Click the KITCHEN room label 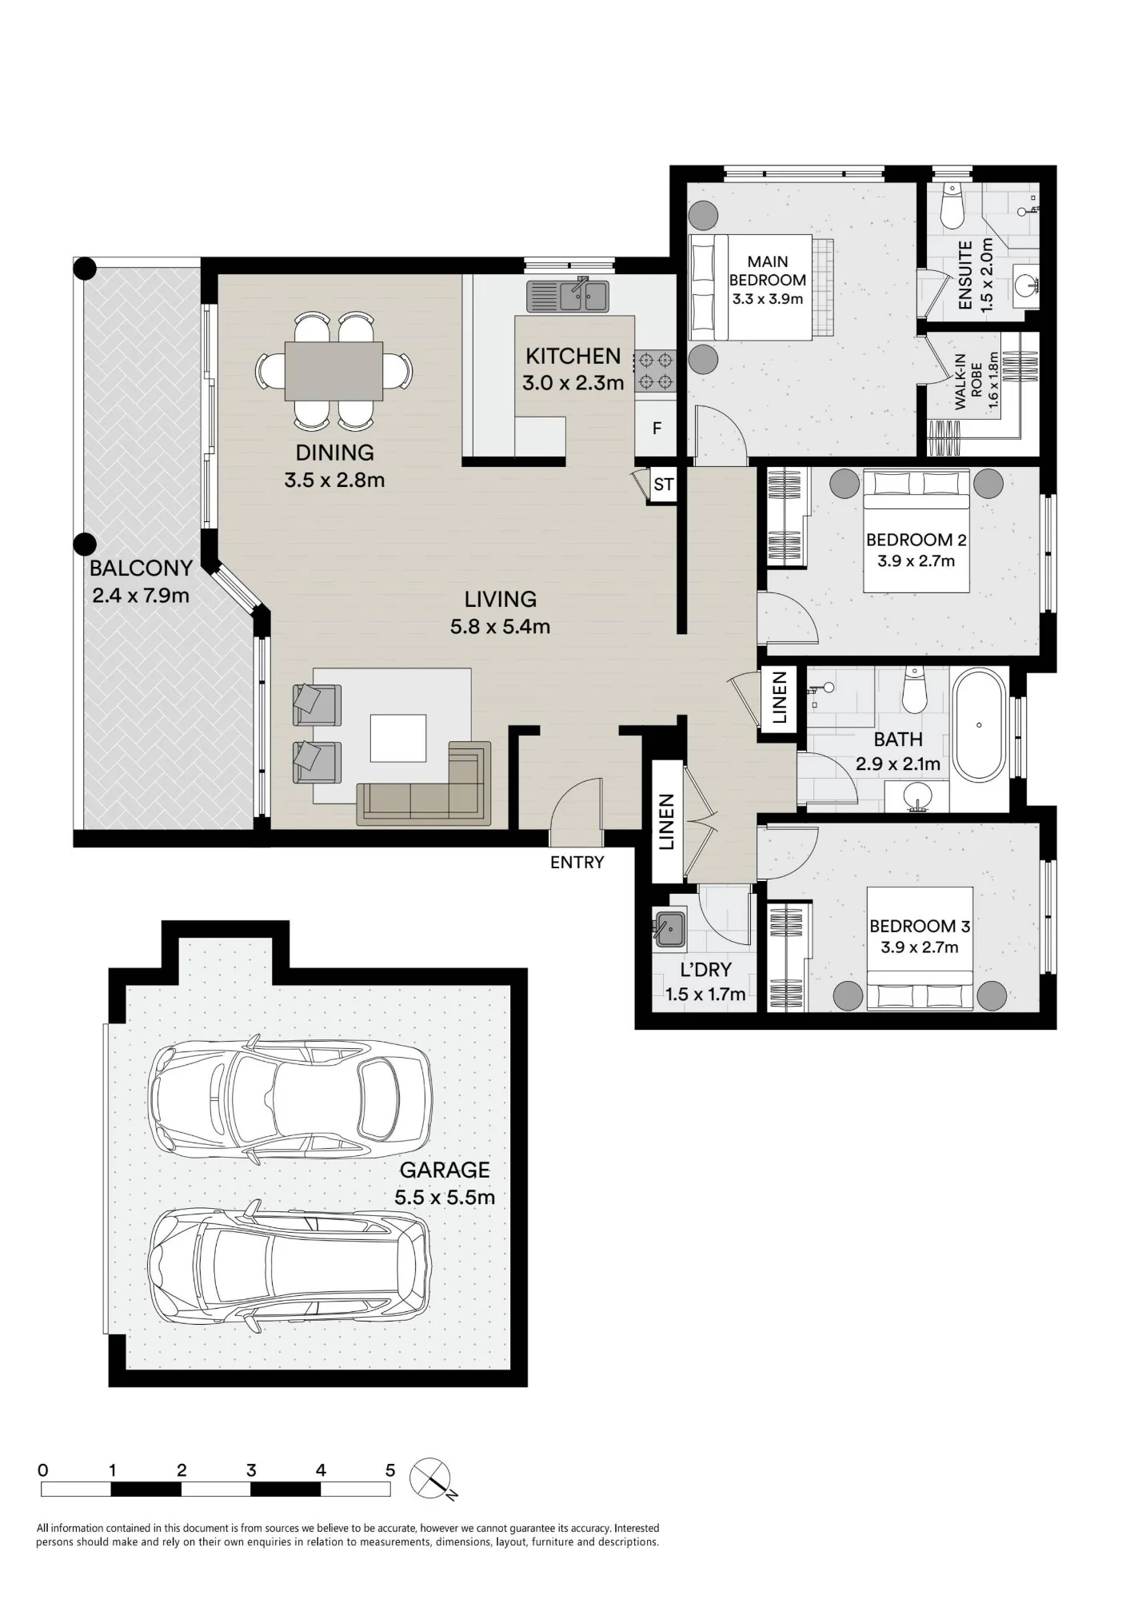click(573, 356)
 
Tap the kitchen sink click(567, 296)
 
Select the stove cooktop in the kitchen click(656, 372)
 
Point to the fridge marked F click(657, 429)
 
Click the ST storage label click(663, 485)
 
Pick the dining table click(334, 371)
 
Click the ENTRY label click(577, 862)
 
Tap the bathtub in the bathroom click(979, 725)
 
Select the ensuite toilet click(952, 205)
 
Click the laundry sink click(668, 928)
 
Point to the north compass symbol click(432, 1480)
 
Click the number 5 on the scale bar click(390, 1470)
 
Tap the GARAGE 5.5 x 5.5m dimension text click(445, 1198)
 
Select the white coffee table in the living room click(397, 738)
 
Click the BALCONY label click(141, 568)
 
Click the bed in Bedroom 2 click(916, 531)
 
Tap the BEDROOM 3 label click(920, 926)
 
